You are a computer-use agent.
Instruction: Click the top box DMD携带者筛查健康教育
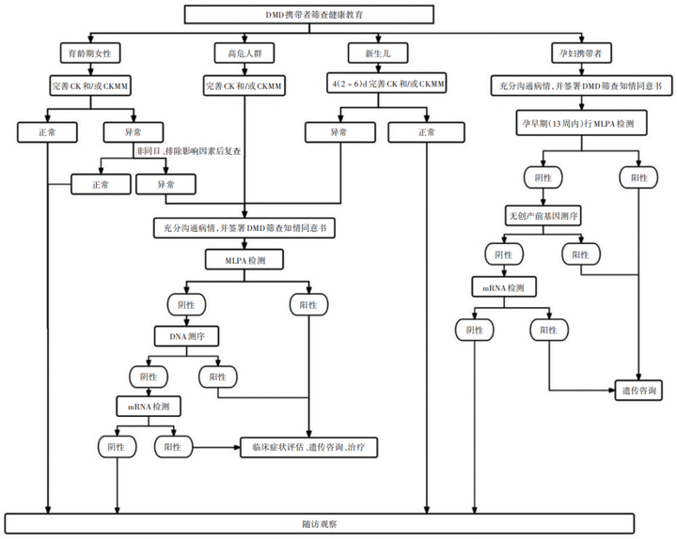point(308,15)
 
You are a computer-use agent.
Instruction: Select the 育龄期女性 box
point(90,54)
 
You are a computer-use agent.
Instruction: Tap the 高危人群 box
point(244,54)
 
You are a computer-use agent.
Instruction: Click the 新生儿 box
point(378,54)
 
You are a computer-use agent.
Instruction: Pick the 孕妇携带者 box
point(581,54)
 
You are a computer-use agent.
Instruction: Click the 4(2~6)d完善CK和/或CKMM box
point(386,84)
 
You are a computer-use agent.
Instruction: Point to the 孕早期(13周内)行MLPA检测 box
point(581,123)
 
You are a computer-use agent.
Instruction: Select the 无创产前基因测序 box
point(543,216)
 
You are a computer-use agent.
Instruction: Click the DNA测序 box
point(186,336)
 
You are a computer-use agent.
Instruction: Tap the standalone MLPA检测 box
point(244,260)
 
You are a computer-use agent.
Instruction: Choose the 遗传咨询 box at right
point(638,391)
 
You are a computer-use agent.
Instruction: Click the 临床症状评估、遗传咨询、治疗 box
point(308,448)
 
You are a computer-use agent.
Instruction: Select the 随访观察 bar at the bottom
point(320,524)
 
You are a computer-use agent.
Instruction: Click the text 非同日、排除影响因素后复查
point(188,151)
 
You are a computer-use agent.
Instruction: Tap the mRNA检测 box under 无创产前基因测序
point(504,287)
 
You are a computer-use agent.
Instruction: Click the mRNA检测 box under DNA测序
point(149,407)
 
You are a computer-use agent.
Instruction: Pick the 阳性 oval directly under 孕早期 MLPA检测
point(638,177)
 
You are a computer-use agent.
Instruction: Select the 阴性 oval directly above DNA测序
point(186,305)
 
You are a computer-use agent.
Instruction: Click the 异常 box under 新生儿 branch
point(340,132)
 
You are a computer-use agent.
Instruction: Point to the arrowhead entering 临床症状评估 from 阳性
point(237,448)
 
